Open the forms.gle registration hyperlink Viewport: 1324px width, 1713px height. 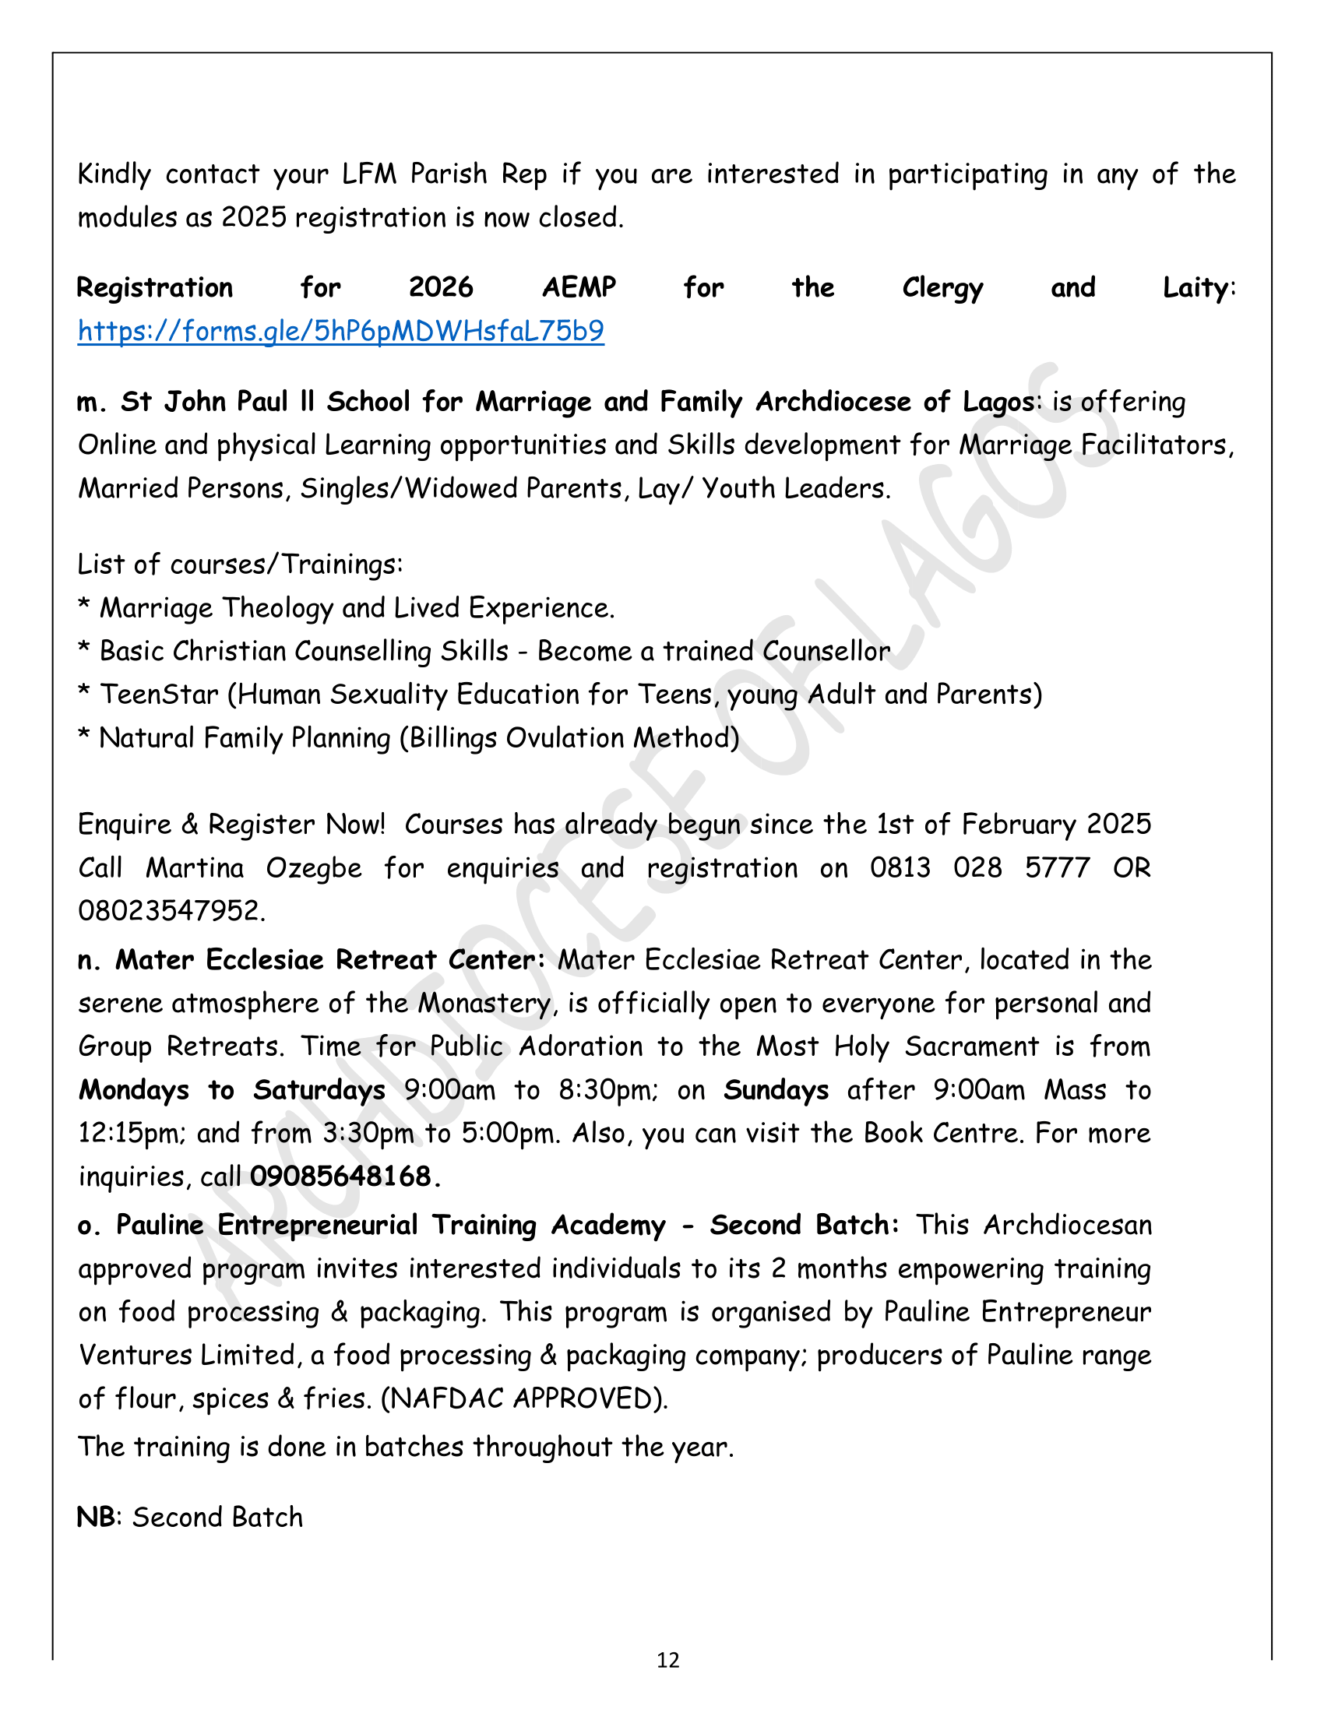click(x=340, y=331)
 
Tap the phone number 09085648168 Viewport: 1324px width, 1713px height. click(x=340, y=1177)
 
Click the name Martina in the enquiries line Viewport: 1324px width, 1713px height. click(x=195, y=867)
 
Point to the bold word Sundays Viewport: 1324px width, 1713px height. click(x=776, y=1090)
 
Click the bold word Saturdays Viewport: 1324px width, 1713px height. click(x=319, y=1090)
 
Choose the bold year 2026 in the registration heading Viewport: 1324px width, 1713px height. click(x=441, y=288)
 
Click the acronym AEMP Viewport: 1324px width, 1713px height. click(x=579, y=288)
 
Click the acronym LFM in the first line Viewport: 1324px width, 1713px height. click(x=369, y=174)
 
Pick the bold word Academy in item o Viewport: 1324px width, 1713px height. click(x=608, y=1225)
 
